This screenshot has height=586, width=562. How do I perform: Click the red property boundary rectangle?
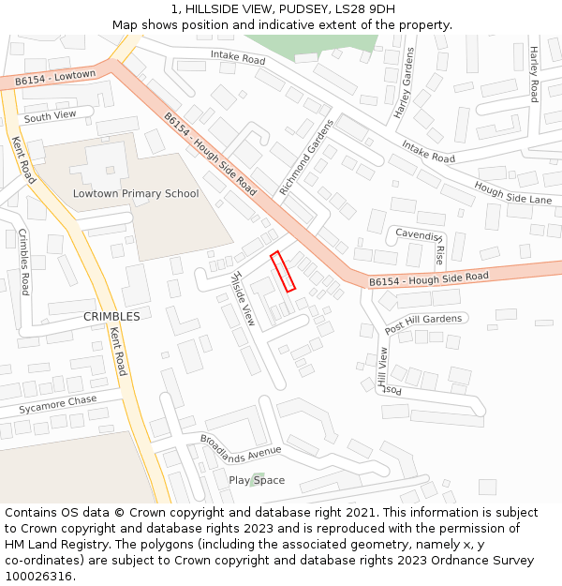[x=283, y=271]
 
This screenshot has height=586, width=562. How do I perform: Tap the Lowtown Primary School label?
[x=136, y=194]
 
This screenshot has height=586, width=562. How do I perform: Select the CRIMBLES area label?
[x=111, y=317]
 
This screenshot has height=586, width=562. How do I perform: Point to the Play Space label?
[x=257, y=481]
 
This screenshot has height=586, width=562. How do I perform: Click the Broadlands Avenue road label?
[x=241, y=448]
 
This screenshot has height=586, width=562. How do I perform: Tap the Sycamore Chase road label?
[x=58, y=405]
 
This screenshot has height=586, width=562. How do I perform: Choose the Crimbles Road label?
[x=24, y=262]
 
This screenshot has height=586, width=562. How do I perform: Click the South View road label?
[x=50, y=116]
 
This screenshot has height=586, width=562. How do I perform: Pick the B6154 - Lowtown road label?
[x=55, y=78]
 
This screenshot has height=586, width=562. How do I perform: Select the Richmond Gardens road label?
[x=306, y=158]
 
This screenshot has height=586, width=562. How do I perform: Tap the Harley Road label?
[x=533, y=74]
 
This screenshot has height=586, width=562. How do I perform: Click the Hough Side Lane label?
[x=513, y=193]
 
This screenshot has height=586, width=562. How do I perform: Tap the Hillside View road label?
[x=242, y=298]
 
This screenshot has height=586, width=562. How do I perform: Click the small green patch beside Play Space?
[x=255, y=480]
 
